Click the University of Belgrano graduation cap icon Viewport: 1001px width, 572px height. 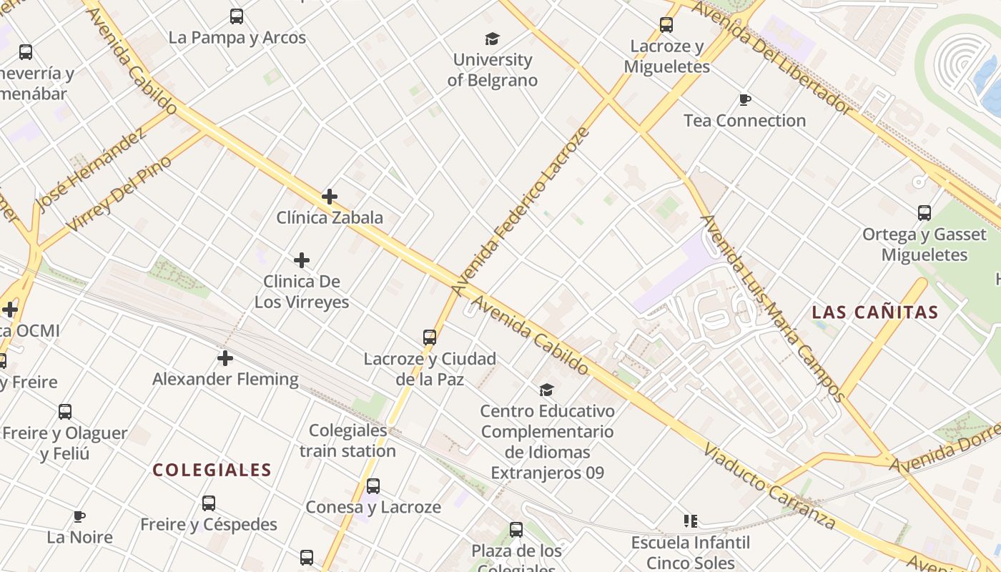(492, 39)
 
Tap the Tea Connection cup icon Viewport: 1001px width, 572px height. (744, 99)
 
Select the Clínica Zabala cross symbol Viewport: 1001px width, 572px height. (330, 196)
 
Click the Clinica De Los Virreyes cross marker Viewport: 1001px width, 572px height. (302, 260)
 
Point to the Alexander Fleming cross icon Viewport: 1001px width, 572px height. (225, 357)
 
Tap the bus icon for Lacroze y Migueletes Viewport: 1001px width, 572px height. (666, 25)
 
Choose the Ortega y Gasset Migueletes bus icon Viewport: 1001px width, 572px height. (924, 212)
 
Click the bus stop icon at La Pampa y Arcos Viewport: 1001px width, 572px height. (237, 16)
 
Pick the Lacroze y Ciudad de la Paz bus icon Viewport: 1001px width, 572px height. (430, 337)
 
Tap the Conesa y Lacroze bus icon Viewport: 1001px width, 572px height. (373, 486)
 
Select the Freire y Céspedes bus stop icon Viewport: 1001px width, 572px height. (209, 503)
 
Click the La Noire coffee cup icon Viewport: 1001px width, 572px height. (79, 516)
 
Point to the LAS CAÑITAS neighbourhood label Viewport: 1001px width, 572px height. (875, 312)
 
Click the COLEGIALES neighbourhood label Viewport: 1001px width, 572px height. (212, 470)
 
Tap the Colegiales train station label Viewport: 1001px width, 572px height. (347, 440)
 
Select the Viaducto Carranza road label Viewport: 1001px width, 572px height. (769, 487)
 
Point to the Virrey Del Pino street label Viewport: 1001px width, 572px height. (120, 193)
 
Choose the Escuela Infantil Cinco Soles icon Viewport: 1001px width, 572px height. (690, 521)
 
